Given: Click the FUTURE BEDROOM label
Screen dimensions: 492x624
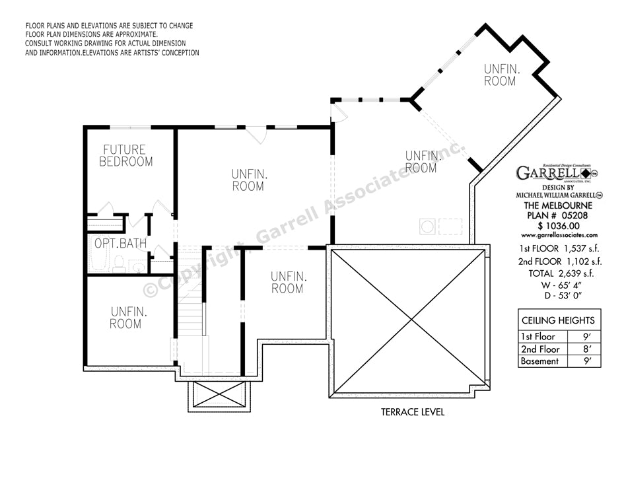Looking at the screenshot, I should click(x=126, y=156).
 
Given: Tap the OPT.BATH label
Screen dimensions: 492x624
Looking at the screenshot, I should click(x=120, y=244).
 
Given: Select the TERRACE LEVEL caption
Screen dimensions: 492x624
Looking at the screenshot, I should click(x=412, y=412).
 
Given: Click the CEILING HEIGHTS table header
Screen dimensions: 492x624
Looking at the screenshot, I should click(x=558, y=320).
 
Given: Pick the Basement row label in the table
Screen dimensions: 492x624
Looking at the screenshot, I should click(x=539, y=361).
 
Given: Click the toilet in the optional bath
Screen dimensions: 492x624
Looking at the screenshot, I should click(x=120, y=266).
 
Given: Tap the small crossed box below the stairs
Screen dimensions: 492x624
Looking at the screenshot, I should click(x=219, y=396).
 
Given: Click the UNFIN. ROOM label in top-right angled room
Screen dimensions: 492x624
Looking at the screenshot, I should click(x=500, y=75).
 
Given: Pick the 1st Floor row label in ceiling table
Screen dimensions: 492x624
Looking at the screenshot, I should click(x=538, y=337).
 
